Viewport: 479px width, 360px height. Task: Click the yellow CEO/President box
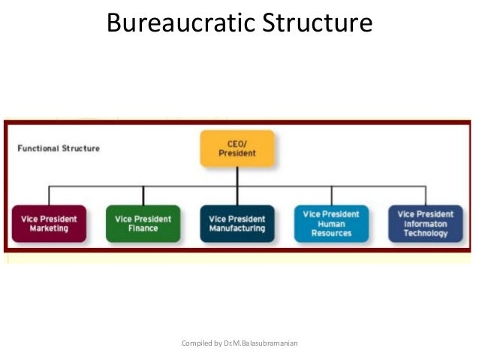click(x=236, y=149)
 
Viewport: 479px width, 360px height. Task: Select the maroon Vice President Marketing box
click(x=49, y=223)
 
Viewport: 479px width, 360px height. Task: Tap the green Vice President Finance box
click(x=143, y=223)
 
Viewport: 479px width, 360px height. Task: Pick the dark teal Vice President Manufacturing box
click(x=236, y=223)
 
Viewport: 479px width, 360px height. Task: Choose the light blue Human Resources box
click(x=331, y=223)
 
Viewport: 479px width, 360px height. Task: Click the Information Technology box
click(x=426, y=223)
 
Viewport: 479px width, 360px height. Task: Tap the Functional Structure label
click(x=59, y=148)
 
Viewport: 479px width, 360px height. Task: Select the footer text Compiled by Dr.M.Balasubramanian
click(x=240, y=343)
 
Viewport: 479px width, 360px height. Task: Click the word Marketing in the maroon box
click(x=49, y=228)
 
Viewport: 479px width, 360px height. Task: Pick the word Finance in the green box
click(x=143, y=228)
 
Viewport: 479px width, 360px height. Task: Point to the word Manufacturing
click(x=236, y=228)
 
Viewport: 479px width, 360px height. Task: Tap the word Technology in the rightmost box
click(x=426, y=234)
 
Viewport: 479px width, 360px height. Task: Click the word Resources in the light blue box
click(x=331, y=234)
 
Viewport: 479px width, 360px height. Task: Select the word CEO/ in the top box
click(x=236, y=144)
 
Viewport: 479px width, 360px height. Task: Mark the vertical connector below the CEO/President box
click(x=236, y=176)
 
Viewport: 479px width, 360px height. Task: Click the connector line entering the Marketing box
click(x=49, y=195)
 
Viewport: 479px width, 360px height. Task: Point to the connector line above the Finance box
click(x=143, y=195)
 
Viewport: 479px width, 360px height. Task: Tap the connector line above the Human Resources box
click(x=331, y=195)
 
